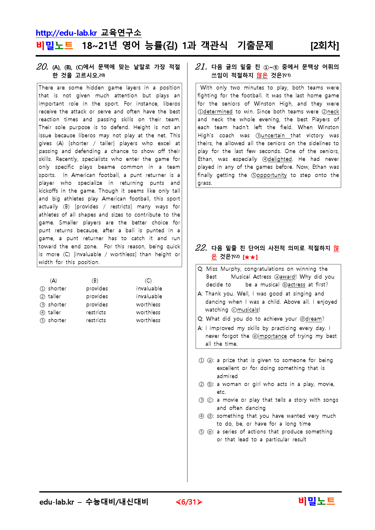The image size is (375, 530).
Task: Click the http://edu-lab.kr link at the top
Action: coord(66,33)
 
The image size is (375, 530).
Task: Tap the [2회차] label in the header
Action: coord(324,46)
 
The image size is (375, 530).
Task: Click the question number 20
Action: coord(42,67)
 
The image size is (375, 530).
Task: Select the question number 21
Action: coord(201,67)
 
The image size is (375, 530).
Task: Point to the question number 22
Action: coord(201,248)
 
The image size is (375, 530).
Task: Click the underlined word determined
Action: coord(218,112)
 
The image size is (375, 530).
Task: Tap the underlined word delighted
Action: coord(280,159)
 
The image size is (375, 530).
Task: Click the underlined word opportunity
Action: coord(272,175)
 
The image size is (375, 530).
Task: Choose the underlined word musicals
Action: coord(248,310)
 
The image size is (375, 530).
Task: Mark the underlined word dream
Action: coord(314,319)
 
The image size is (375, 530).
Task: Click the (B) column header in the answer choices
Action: coord(95,281)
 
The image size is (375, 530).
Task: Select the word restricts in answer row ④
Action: coord(96,312)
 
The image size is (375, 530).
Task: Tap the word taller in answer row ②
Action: coord(54,296)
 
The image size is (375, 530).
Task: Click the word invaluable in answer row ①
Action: coord(149,289)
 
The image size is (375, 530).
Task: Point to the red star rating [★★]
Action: coord(250,257)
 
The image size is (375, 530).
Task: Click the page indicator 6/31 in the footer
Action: coord(189,502)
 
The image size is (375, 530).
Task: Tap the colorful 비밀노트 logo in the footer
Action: coord(317,502)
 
